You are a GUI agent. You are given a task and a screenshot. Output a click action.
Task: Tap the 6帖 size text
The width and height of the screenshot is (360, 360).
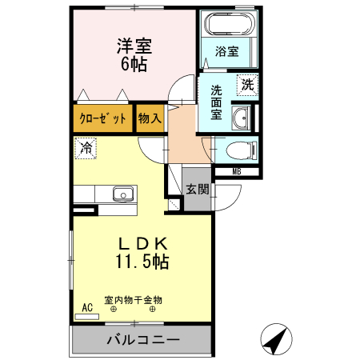(134, 63)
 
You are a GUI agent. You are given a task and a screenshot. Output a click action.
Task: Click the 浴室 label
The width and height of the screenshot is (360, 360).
(226, 52)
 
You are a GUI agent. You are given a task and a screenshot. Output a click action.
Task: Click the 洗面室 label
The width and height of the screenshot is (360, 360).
(216, 102)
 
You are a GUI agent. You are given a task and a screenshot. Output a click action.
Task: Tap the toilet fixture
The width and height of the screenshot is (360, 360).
(241, 150)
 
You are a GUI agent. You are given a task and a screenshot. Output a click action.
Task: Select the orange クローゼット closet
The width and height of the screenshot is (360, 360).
(103, 119)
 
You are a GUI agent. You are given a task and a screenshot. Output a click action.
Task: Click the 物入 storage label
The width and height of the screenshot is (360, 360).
(150, 119)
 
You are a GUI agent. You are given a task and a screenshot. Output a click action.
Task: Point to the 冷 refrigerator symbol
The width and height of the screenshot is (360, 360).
(86, 147)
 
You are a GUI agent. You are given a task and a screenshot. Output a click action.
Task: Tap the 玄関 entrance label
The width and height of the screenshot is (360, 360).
(198, 190)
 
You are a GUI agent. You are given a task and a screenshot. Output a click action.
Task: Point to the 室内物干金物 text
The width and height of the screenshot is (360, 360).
(134, 300)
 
